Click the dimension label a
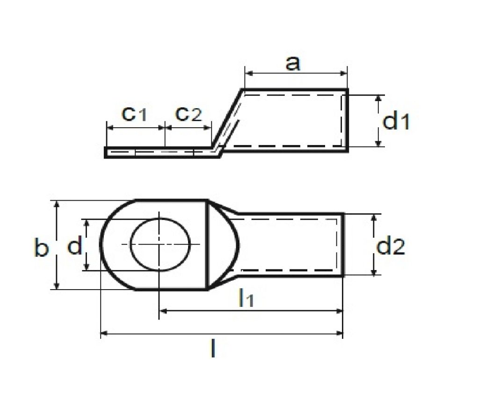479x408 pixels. [x=293, y=63]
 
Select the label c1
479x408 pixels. [x=134, y=114]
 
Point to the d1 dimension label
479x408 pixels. [x=396, y=122]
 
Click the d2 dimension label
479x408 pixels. [x=391, y=247]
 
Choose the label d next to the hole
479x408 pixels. [x=75, y=245]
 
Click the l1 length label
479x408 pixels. [x=246, y=298]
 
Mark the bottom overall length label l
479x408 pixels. [x=213, y=349]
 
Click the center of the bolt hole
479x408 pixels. [x=160, y=244]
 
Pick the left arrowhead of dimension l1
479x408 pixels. [x=163, y=310]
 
